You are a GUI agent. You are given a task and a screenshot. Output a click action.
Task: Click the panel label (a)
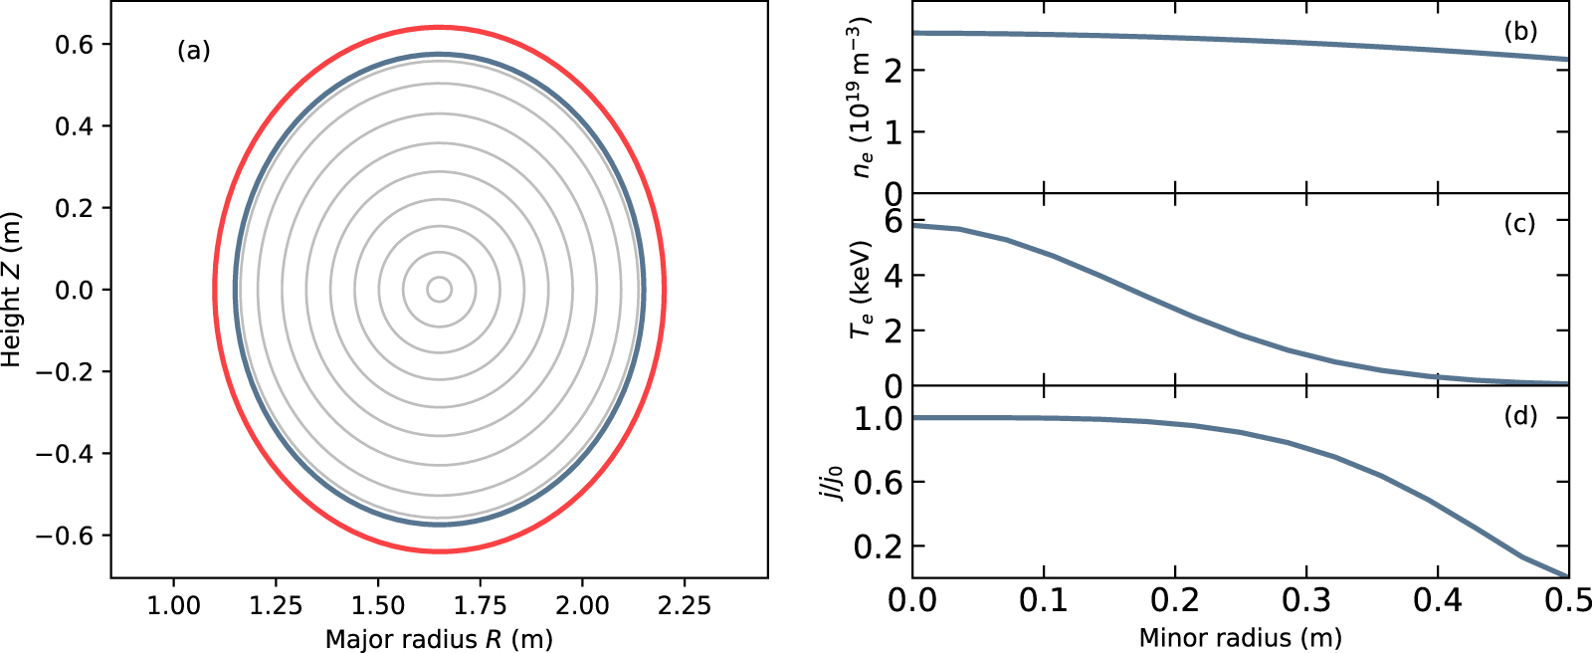pos(194,51)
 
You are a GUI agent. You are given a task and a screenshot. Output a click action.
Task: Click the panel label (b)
pos(1520,31)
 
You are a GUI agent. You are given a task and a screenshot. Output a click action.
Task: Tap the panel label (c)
pos(1520,223)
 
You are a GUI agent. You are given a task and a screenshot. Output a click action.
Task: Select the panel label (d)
pos(1520,415)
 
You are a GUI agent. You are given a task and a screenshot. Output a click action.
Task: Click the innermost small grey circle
pos(440,290)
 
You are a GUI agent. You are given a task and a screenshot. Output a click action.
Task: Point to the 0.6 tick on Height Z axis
pos(82,45)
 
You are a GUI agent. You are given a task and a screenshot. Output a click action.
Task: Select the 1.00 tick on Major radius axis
pos(174,605)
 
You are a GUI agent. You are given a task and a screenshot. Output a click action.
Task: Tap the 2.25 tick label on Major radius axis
pos(685,605)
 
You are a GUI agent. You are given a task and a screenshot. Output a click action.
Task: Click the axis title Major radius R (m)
pos(439,638)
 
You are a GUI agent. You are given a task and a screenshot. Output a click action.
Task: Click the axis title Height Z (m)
pos(12,290)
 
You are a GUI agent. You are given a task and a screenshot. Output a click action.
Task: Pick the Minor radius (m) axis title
pos(1240,638)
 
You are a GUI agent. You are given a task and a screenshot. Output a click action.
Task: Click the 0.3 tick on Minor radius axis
pos(1306,600)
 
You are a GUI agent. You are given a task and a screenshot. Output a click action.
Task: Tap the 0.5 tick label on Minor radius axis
pos(1568,600)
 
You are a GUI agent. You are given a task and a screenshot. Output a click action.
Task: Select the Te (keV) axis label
pos(862,289)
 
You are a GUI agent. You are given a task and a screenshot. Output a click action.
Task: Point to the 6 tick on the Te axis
pos(893,221)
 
